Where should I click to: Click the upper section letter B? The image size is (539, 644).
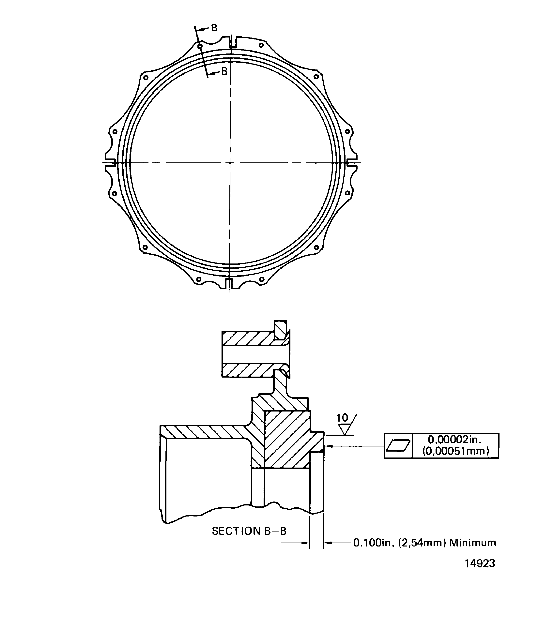coord(214,28)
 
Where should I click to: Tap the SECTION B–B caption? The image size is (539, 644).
coord(249,531)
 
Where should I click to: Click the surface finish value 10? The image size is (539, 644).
coord(342,418)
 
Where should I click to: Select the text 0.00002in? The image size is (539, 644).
coord(455,440)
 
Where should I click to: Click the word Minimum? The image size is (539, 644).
coord(473,543)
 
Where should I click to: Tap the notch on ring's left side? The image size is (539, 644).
coord(110,163)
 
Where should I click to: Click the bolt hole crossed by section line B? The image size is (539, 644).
coord(200,47)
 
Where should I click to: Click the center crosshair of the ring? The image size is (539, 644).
coord(230,163)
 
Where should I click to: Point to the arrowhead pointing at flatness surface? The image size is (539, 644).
coord(327,446)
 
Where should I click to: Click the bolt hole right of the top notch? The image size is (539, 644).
coord(261,45)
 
